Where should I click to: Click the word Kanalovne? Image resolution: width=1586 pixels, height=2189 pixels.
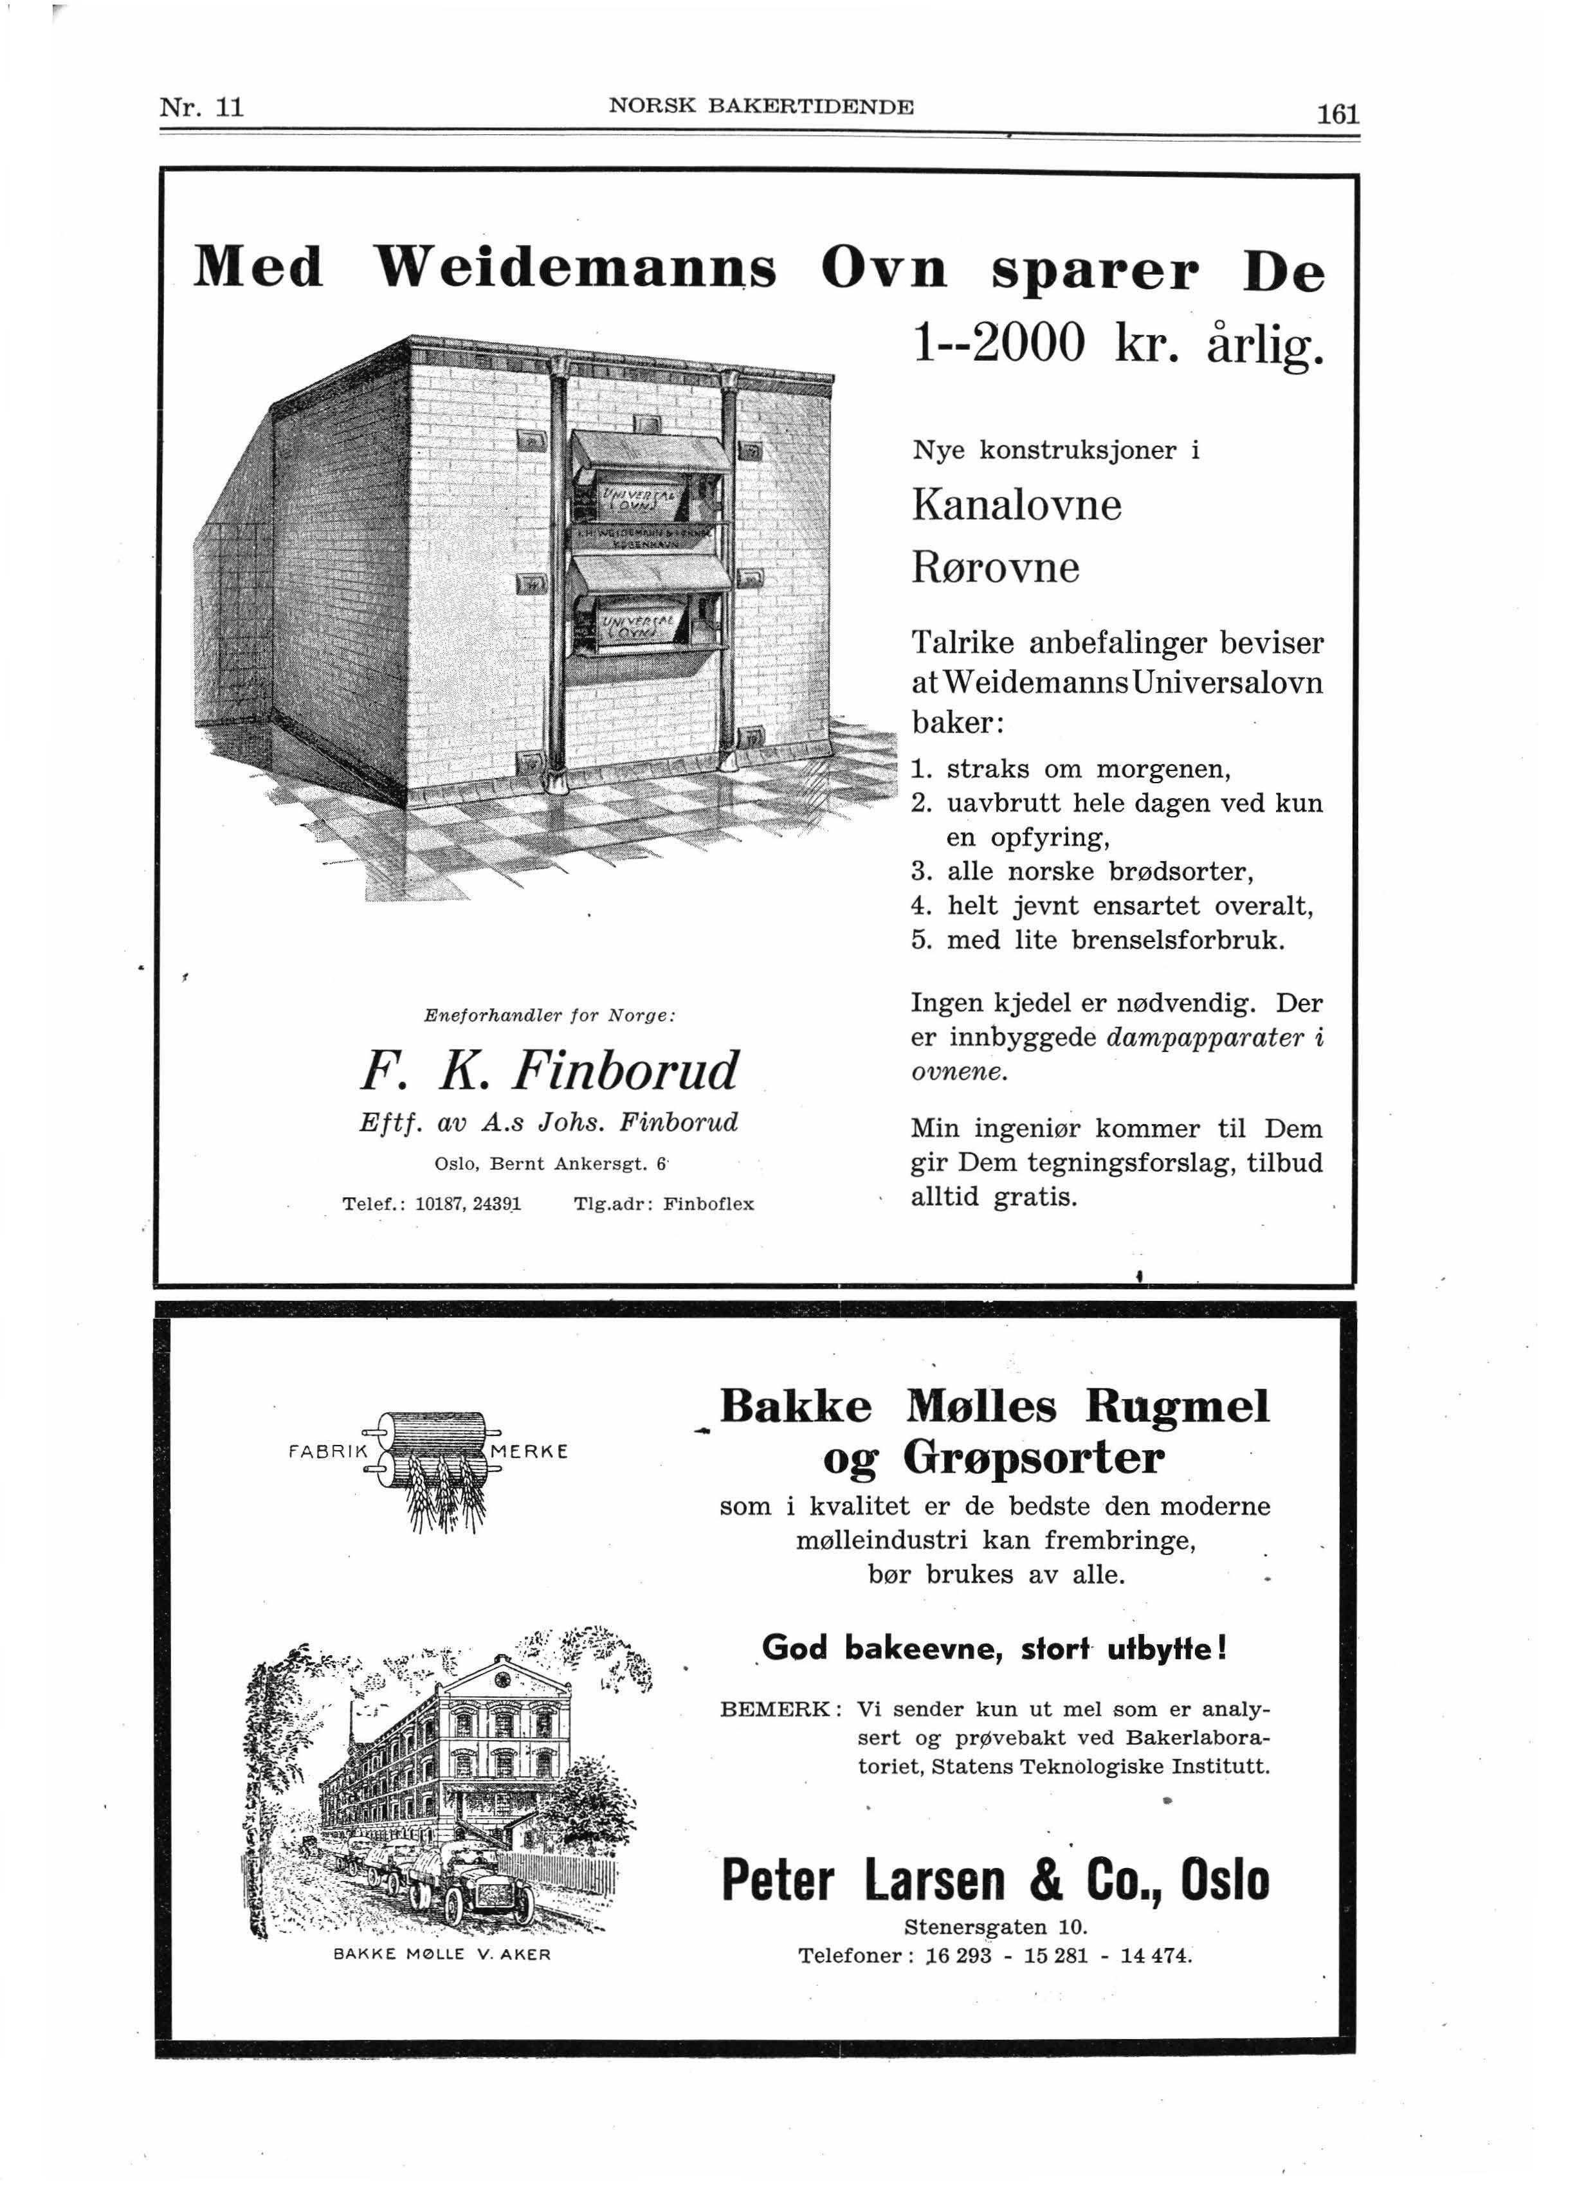click(x=1016, y=505)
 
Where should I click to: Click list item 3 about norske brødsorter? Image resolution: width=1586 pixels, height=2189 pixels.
click(x=1082, y=871)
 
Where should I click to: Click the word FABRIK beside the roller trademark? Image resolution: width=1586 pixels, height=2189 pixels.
click(x=329, y=1451)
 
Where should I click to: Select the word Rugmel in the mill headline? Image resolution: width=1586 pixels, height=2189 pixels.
click(x=1177, y=1406)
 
